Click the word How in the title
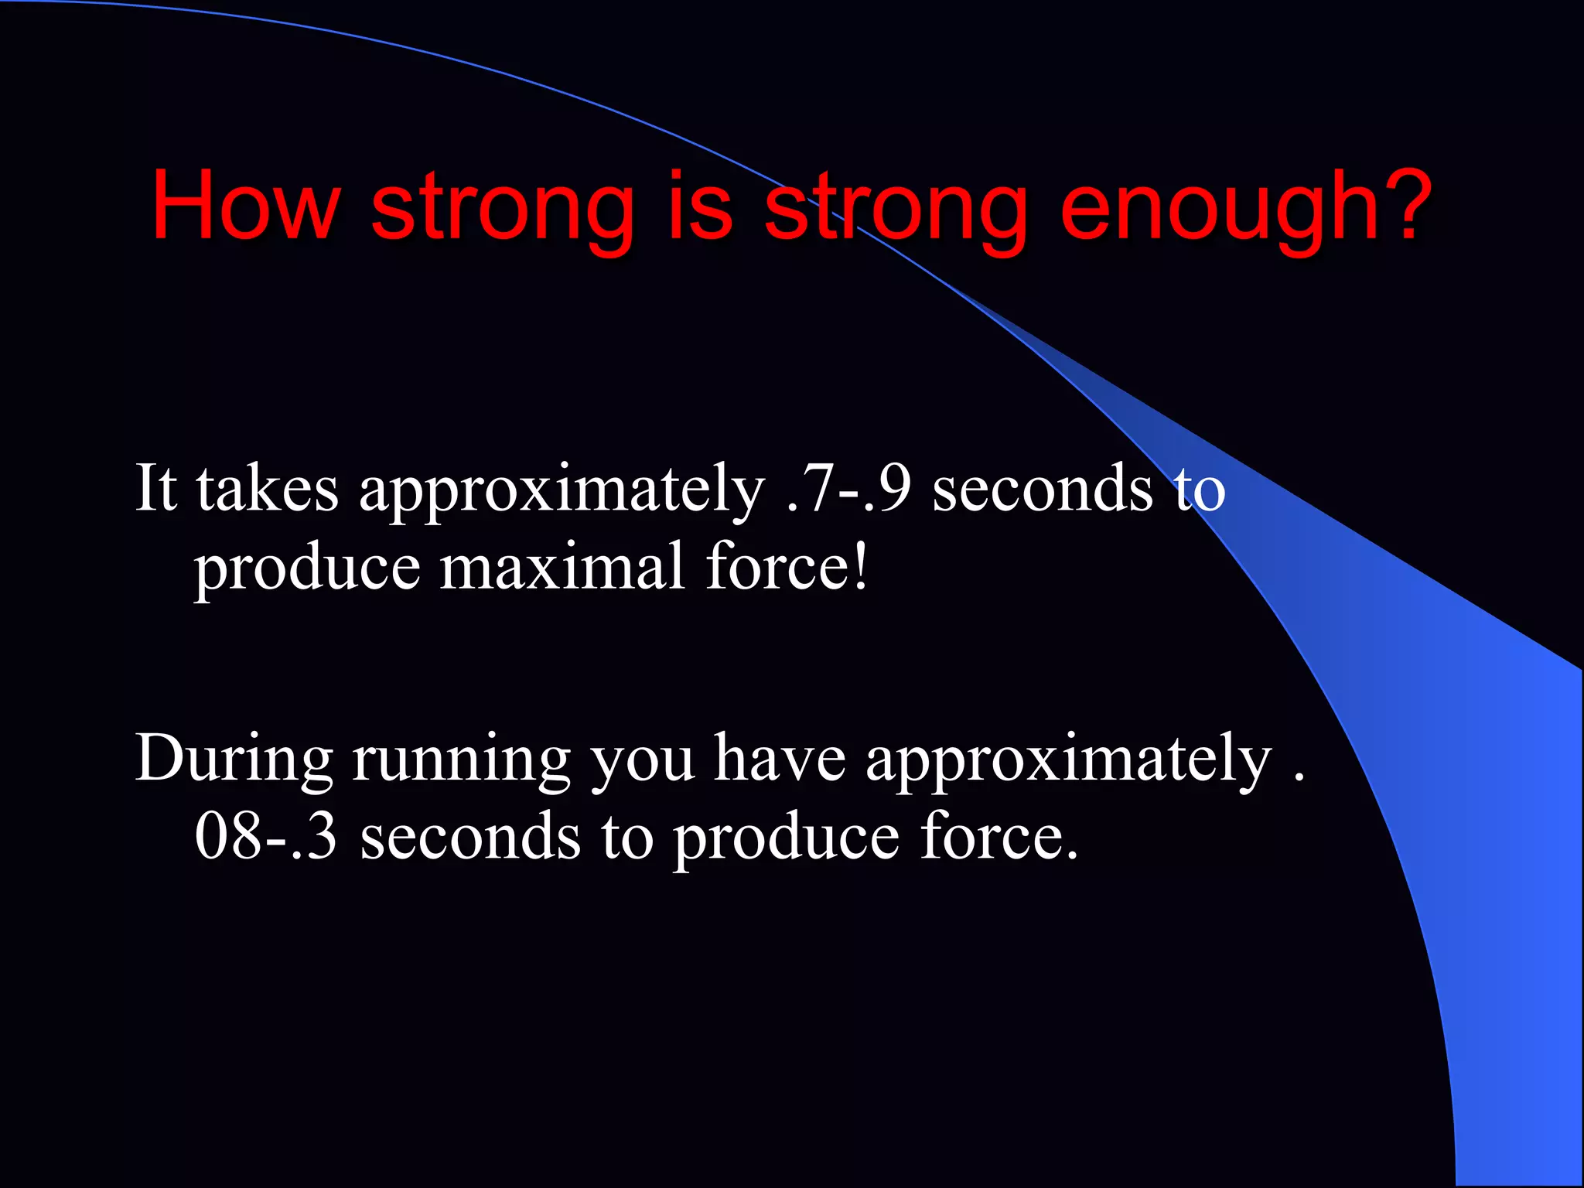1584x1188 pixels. click(x=245, y=206)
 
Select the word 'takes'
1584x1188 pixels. click(x=267, y=489)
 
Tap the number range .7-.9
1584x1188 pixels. click(x=848, y=489)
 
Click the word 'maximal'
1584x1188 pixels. click(x=562, y=567)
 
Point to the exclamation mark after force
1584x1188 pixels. click(x=861, y=565)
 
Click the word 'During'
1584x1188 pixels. click(x=234, y=760)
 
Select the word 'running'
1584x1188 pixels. click(x=461, y=763)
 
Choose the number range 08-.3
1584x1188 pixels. click(x=266, y=836)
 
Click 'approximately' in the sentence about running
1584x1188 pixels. click(x=1068, y=763)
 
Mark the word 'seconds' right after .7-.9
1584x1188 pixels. click(x=1042, y=489)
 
